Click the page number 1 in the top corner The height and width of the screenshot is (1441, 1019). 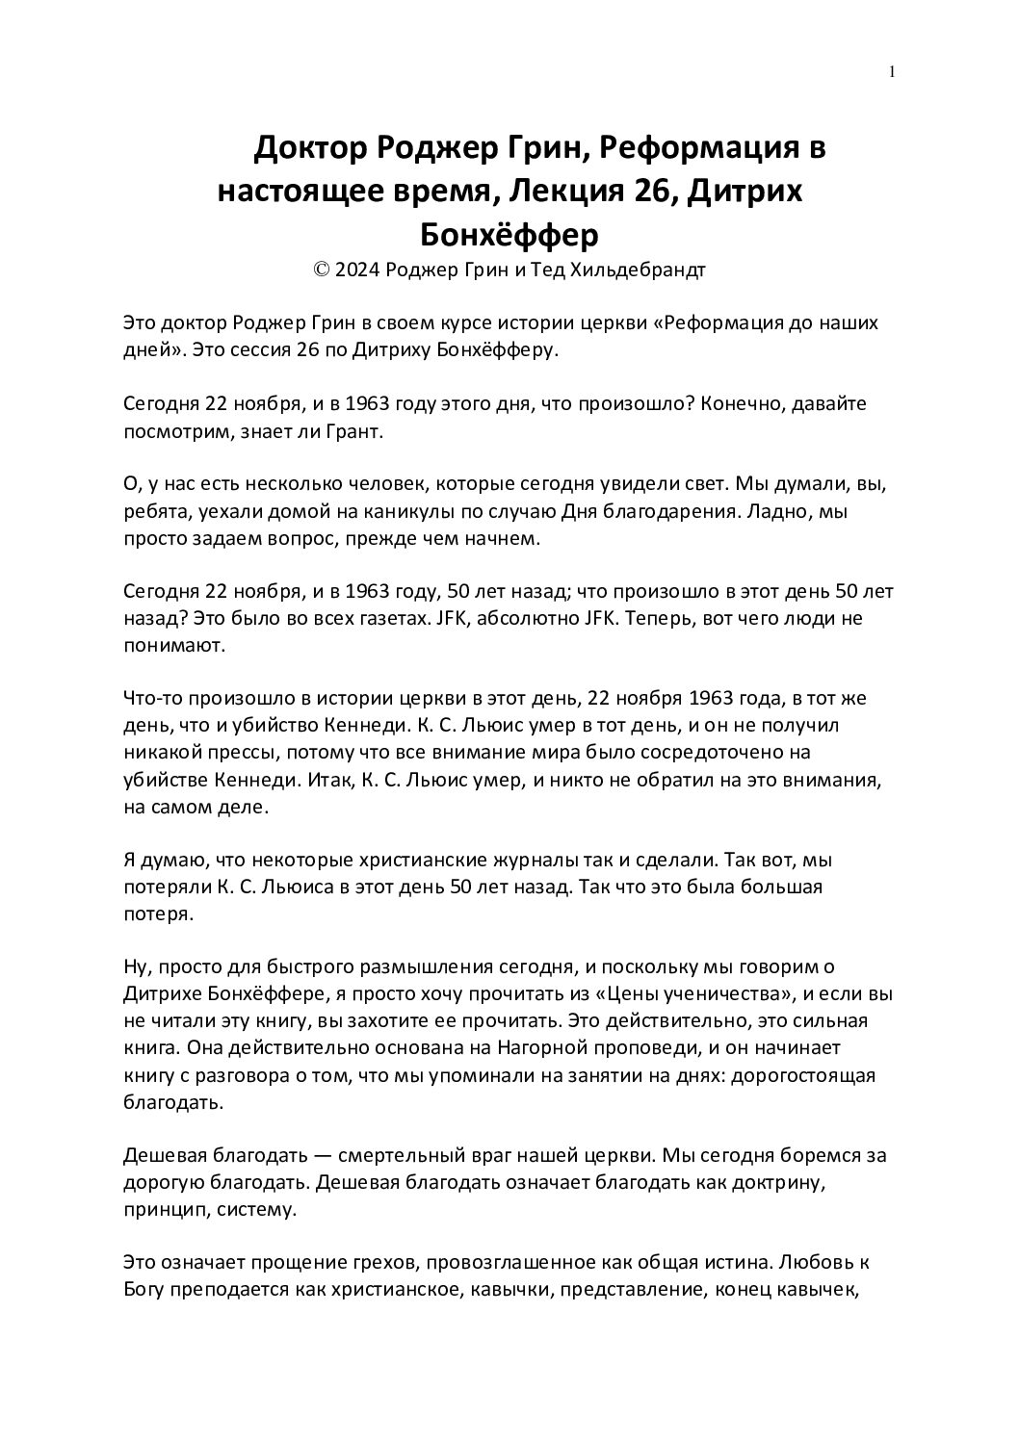click(x=893, y=71)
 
